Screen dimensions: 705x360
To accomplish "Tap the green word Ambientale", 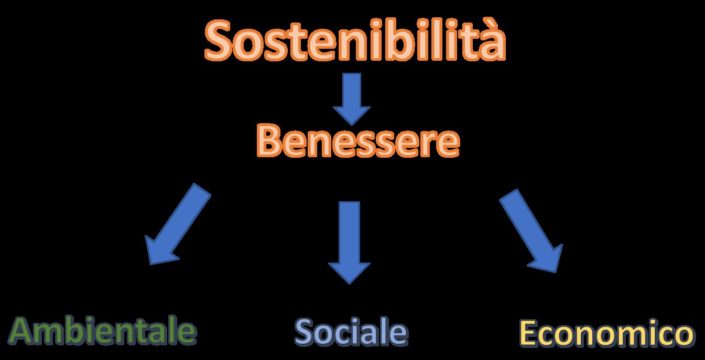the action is (103, 331).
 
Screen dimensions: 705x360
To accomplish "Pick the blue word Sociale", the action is (351, 332).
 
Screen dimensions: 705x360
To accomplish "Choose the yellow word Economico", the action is (607, 334).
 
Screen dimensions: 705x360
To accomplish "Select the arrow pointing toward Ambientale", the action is (176, 225).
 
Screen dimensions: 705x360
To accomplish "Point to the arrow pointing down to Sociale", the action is (350, 241).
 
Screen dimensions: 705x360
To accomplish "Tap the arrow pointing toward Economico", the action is (532, 231).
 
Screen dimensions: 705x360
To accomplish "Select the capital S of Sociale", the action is (306, 332).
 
